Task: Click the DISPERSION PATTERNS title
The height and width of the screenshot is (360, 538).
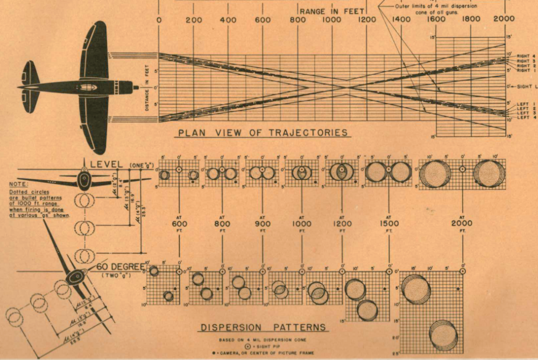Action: click(263, 327)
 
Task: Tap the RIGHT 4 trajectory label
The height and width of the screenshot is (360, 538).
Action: click(526, 56)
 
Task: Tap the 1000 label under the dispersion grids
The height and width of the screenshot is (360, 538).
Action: click(301, 223)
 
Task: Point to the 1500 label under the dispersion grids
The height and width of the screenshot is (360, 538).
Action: click(389, 223)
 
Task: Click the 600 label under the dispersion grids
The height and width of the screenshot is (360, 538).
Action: click(179, 223)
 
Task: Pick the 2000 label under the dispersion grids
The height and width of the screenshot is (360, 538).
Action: click(462, 223)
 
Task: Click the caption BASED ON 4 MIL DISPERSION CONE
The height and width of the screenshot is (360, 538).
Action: click(263, 340)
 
